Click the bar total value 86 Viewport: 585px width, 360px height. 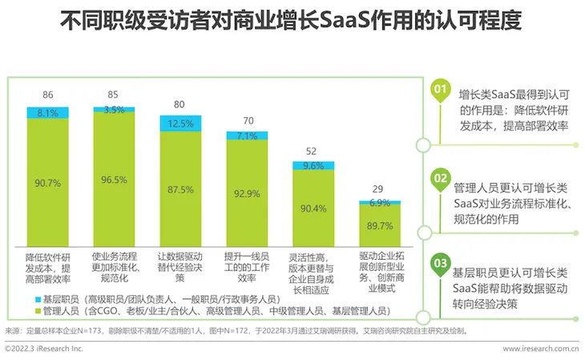48,95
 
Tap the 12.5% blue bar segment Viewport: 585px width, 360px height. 180,123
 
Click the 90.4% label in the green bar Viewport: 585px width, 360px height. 313,209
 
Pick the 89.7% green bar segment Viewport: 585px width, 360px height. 380,226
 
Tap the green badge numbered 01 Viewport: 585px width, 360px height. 440,90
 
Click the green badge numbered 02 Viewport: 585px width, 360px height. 440,177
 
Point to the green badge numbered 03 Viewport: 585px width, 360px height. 440,262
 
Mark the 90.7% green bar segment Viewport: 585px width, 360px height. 48,183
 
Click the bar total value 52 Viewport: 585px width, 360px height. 313,152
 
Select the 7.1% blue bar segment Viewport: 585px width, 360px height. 247,136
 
